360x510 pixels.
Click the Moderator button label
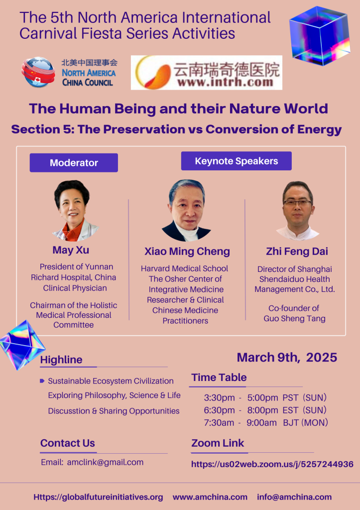74,163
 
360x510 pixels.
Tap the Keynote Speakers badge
236,161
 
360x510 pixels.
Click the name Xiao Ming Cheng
187,251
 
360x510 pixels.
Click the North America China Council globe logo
38,72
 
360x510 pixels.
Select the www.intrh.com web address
225,82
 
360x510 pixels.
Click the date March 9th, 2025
287,357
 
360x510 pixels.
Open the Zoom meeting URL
272,464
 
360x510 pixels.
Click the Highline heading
61,360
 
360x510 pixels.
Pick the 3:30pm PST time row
265,397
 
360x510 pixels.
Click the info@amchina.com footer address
294,497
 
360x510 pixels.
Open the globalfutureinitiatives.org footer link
98,497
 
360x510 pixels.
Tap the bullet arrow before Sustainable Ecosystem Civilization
42,381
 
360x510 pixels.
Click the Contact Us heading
68,443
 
